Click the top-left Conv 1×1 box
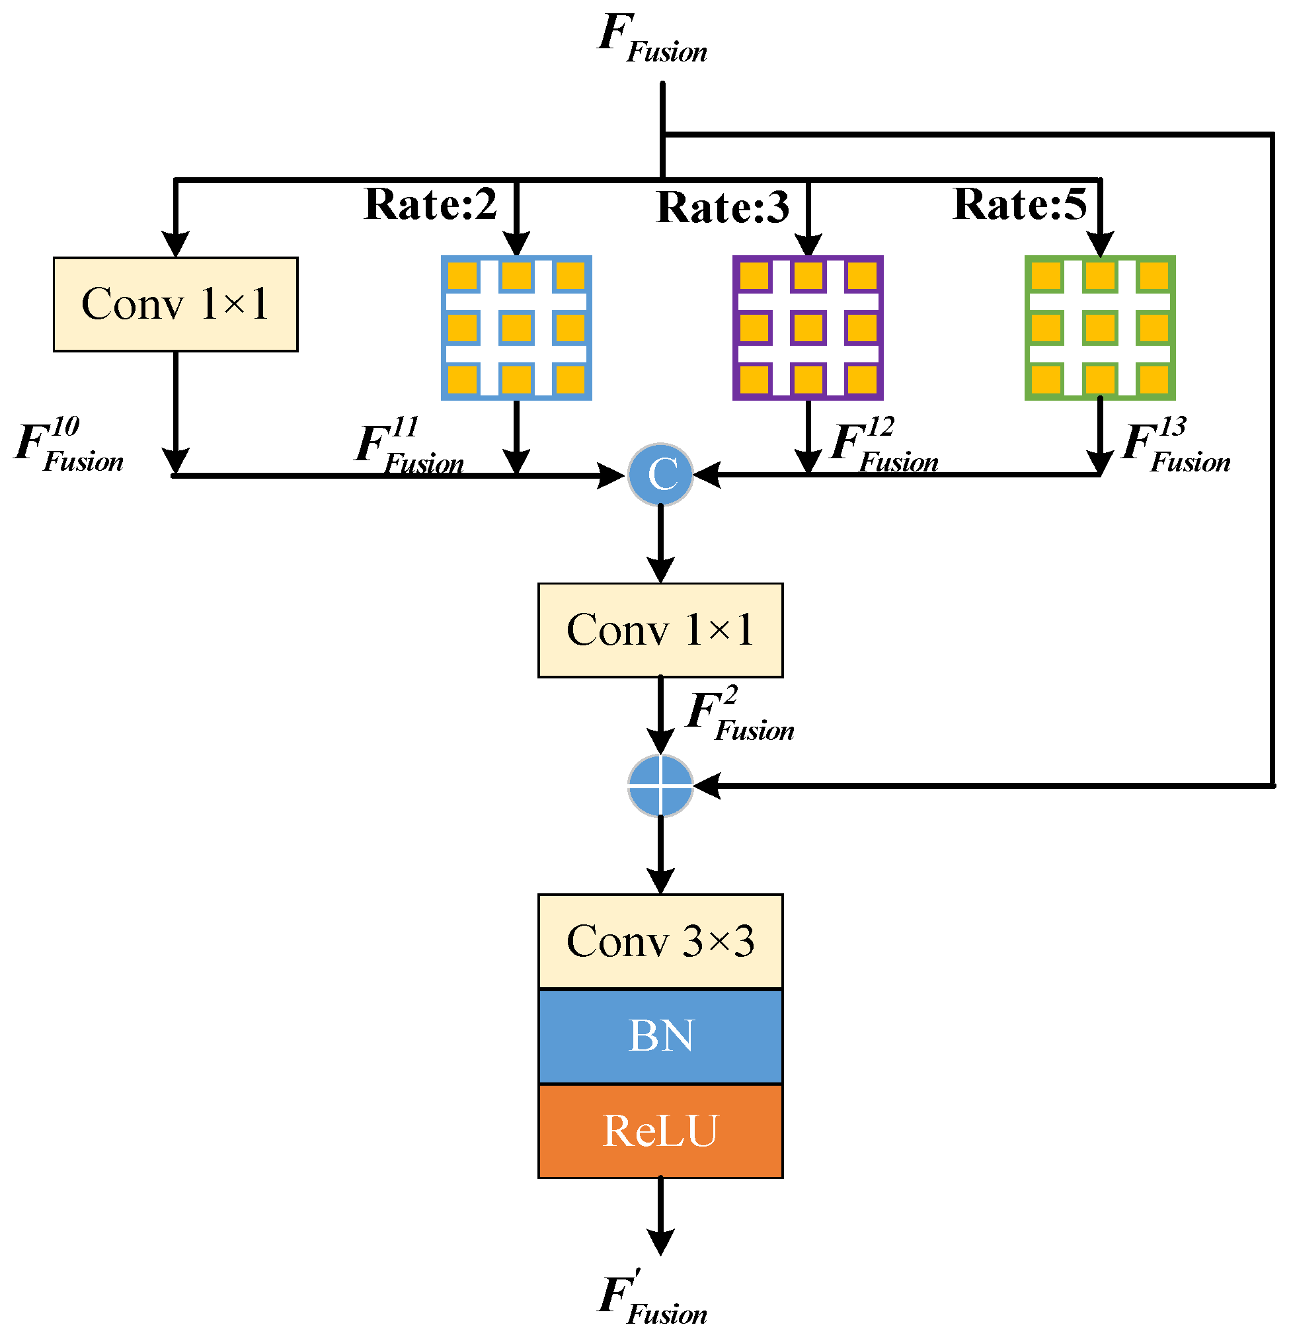tap(176, 304)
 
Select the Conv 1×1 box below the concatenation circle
tap(660, 630)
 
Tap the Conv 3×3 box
tap(660, 942)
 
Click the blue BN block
tap(660, 1036)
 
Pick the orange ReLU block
tap(660, 1131)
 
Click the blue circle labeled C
tap(660, 475)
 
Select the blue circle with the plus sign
tap(660, 786)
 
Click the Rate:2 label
tap(430, 204)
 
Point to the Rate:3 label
tap(723, 207)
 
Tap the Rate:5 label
tap(1019, 204)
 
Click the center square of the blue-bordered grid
tap(516, 327)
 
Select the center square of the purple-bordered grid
tap(808, 327)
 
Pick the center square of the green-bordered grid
tap(1100, 327)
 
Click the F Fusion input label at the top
tap(652, 40)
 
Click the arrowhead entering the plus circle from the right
tap(707, 786)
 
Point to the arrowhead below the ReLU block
tap(660, 1242)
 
